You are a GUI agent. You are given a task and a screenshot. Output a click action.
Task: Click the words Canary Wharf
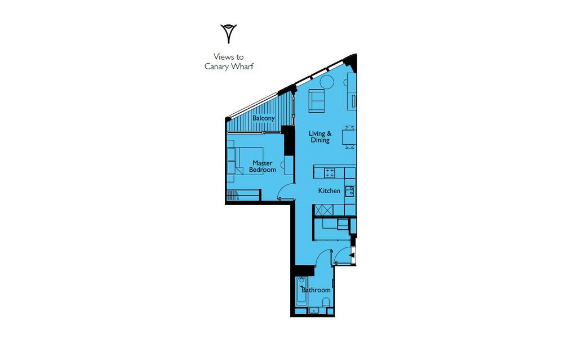tap(229, 66)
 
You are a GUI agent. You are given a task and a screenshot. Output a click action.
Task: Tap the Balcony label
tap(264, 118)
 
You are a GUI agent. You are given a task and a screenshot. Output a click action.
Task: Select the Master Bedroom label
tap(263, 166)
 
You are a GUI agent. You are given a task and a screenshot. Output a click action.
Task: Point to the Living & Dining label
tap(320, 136)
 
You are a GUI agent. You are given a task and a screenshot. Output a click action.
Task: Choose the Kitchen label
tap(329, 190)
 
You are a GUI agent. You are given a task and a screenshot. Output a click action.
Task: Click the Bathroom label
tap(316, 290)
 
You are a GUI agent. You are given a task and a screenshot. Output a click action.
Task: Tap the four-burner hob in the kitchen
tap(330, 172)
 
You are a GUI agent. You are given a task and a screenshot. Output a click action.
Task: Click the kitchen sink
tap(349, 192)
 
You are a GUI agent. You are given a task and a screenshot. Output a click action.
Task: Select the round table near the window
tap(326, 82)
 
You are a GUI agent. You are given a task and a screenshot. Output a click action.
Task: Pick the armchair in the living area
tap(317, 101)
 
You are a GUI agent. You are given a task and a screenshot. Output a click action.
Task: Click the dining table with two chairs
tap(349, 137)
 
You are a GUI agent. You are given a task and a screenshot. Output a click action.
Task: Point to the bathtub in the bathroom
tap(302, 291)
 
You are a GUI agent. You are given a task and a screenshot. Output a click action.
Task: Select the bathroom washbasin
tap(314, 310)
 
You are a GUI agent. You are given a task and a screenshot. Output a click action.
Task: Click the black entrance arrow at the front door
tap(352, 255)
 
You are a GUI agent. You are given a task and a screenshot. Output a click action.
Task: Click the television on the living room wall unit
tap(354, 100)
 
